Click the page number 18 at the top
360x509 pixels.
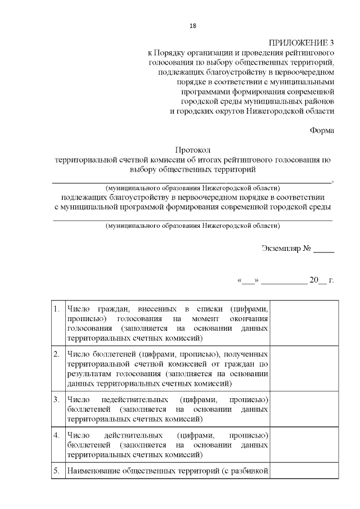coord(193,26)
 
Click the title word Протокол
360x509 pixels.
coord(192,150)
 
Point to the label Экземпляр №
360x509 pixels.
coord(286,248)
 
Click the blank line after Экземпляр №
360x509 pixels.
coord(323,249)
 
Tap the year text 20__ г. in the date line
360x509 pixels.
coord(321,279)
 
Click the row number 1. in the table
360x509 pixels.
coord(56,309)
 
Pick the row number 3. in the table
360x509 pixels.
coord(56,399)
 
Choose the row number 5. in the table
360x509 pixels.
coord(56,471)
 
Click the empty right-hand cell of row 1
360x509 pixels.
coord(305,323)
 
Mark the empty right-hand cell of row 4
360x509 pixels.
coord(305,445)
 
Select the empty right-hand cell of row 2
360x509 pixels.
coord(305,369)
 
